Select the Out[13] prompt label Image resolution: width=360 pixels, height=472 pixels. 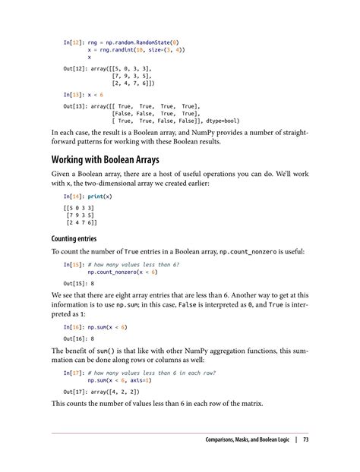tap(75, 106)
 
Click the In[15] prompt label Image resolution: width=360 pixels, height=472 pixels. tap(74, 264)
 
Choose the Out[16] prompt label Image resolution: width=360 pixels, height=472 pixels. tap(75, 338)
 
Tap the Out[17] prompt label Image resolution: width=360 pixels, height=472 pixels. tap(75, 391)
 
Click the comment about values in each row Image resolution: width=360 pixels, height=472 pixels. tap(152, 373)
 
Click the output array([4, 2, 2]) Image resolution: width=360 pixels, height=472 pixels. tap(123, 391)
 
